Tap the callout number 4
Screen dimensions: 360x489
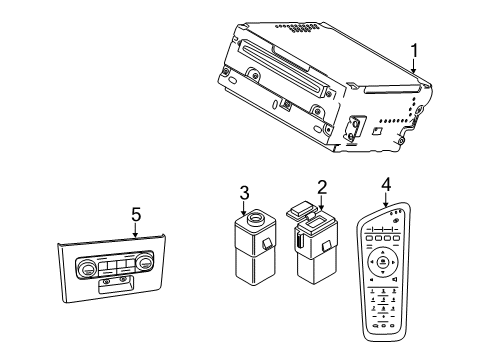[387, 183]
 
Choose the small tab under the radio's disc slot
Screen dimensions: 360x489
[286, 103]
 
